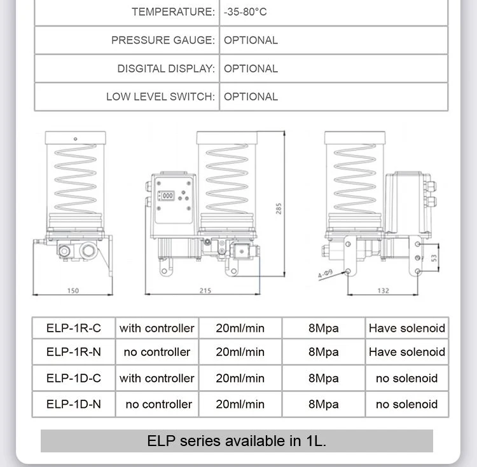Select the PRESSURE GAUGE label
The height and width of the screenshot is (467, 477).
163,40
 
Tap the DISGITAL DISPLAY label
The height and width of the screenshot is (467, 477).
166,69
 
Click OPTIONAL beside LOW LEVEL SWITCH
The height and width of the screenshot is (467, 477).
251,97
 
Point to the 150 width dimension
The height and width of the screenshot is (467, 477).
73,291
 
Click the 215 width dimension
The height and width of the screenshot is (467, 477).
205,291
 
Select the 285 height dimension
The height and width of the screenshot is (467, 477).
278,208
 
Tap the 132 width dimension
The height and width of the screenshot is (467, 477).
384,291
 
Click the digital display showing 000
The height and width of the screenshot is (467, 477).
167,196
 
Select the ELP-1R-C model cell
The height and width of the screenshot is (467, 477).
74,328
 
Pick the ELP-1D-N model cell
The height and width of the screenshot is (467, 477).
74,404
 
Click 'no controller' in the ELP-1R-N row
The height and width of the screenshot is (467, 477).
157,352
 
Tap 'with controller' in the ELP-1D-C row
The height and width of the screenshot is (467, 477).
157,378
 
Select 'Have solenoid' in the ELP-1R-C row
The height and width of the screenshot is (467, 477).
407,328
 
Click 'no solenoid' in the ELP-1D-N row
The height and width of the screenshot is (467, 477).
407,404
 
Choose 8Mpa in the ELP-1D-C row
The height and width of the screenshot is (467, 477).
324,378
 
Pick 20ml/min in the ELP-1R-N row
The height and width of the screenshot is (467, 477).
240,352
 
